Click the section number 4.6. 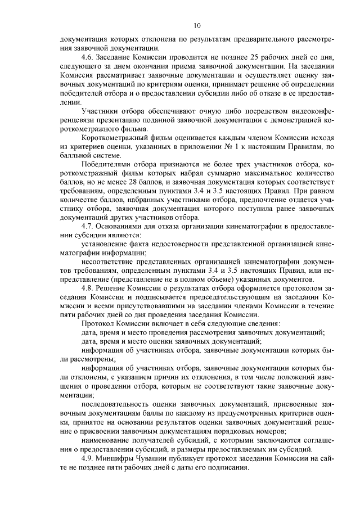pos(88,58)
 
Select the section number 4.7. pos(88,226)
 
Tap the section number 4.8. pos(88,288)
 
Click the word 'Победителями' pos(109,164)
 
